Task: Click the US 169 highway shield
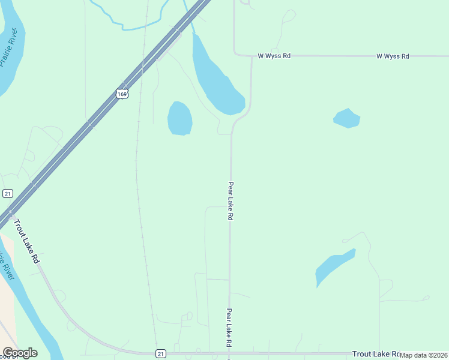pos(122,94)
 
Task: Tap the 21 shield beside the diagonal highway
pos(7,193)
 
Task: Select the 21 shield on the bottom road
pos(160,354)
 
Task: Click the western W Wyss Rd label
pos(274,56)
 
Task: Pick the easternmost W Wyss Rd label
pos(393,56)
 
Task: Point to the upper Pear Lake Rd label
pos(230,202)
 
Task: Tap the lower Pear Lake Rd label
pos(229,328)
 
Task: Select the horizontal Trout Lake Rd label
pos(376,354)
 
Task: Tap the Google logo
pos(19,353)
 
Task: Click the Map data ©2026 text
pos(424,355)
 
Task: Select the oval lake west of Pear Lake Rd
pos(179,118)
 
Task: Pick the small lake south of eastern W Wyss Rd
pos(346,118)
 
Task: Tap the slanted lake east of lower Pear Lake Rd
pos(333,267)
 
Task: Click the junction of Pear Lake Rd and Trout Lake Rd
pos(229,353)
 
